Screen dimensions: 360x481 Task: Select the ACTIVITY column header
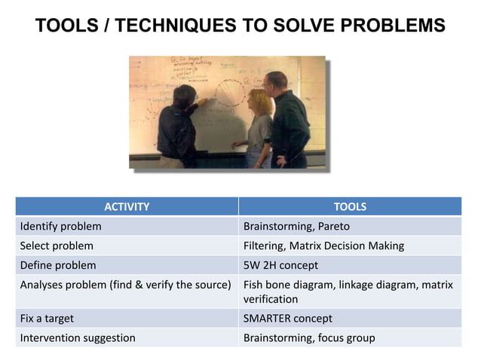[126, 206]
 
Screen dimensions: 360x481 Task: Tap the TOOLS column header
[350, 206]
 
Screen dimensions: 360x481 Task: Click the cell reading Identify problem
[61, 226]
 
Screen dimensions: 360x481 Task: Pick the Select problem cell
[57, 246]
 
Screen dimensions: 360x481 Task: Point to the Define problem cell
[58, 265]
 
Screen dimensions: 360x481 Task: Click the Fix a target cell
[47, 318]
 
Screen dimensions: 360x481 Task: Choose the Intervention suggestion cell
[78, 337]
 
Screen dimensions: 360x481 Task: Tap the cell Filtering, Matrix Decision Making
[323, 246]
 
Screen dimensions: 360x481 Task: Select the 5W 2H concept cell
[280, 265]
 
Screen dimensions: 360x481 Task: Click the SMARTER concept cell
[287, 318]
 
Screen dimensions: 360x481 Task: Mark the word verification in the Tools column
[271, 299]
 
